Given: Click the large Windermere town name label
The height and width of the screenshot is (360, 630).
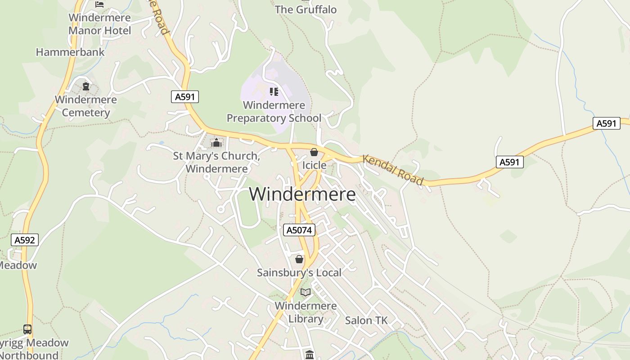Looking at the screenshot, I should [302, 194].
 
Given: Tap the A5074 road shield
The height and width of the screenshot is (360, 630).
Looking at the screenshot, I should [299, 230].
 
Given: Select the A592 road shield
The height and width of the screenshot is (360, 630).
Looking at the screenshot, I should [24, 240].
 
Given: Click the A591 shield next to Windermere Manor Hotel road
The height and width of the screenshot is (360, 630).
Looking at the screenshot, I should [184, 97].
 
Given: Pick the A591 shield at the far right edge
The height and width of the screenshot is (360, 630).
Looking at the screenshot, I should [606, 123].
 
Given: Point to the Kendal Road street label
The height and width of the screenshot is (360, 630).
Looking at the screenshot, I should [393, 170].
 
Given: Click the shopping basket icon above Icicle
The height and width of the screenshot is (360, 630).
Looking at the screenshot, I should [314, 153].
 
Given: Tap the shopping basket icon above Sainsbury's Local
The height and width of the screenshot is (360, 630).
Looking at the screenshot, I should [299, 260].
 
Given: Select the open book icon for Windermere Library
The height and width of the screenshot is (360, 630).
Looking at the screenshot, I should [306, 292].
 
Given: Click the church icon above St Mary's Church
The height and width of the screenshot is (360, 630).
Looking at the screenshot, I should [216, 143].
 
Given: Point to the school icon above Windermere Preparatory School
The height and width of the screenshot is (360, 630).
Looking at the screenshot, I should [274, 92].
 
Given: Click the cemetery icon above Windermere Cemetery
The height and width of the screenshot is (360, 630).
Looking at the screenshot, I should [85, 86].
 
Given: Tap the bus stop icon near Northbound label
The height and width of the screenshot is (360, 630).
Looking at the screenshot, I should [27, 329].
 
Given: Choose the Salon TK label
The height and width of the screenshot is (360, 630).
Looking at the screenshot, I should [366, 320].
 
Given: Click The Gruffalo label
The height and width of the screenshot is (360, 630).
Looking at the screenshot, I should [306, 9].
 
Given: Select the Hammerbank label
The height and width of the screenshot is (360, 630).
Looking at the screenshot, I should [70, 52].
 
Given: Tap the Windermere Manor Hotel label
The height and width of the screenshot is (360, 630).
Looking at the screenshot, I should [99, 24].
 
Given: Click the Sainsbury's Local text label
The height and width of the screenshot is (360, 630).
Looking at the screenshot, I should [299, 273].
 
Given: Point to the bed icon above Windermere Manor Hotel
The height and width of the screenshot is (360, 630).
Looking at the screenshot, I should [99, 4].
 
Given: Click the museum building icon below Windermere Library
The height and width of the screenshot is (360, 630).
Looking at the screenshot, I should [309, 355].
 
